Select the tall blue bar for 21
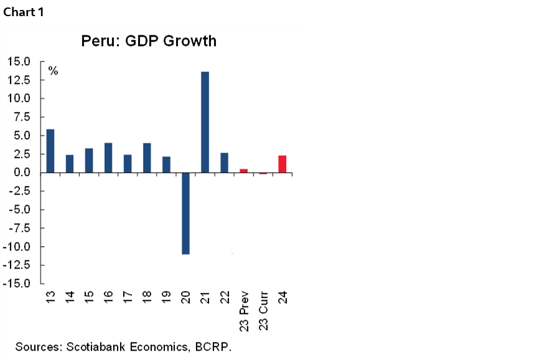click(x=205, y=122)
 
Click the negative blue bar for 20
click(x=185, y=213)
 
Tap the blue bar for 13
click(x=50, y=150)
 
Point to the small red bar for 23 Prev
click(x=243, y=170)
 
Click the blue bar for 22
click(x=224, y=162)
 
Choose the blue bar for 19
click(x=166, y=164)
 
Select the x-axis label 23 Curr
click(x=263, y=310)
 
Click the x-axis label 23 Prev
click(x=244, y=310)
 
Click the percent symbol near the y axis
click(x=54, y=72)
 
